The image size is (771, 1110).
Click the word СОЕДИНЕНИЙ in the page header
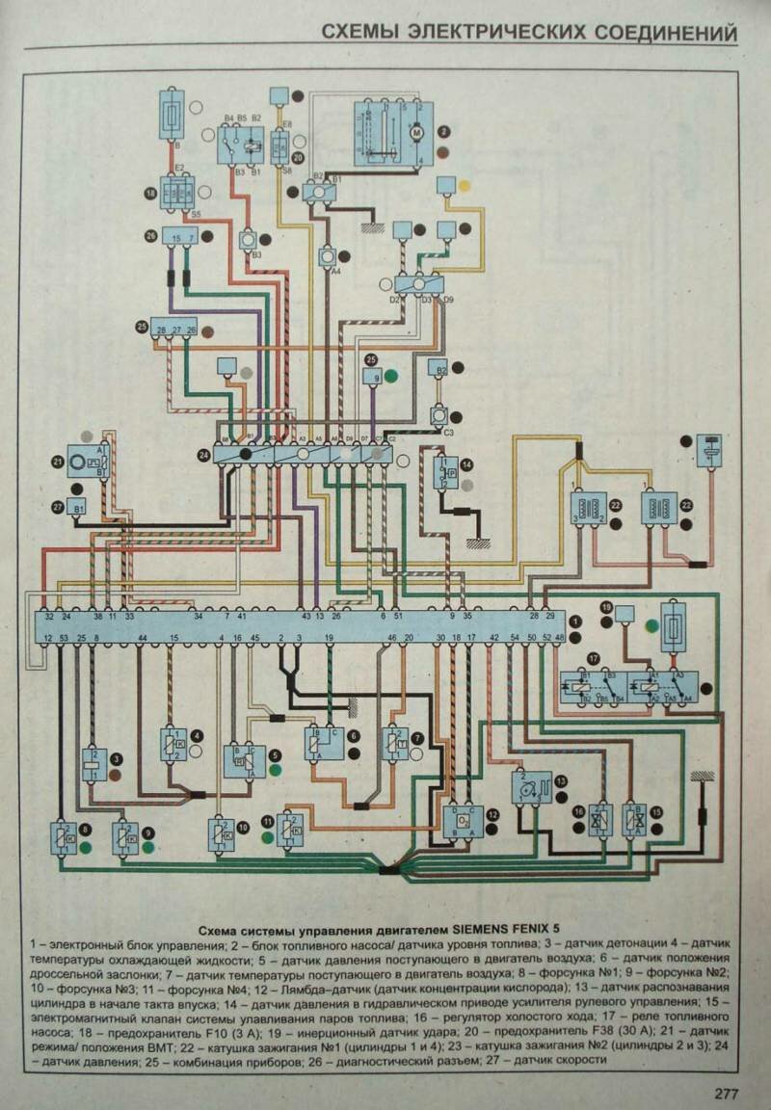(657, 34)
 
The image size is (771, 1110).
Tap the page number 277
(727, 1093)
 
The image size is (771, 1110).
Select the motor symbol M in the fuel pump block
(417, 131)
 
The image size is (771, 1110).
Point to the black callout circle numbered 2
(444, 131)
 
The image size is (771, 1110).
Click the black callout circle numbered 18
(149, 193)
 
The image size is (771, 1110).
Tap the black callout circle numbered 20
(298, 156)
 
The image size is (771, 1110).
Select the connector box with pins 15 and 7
(180, 237)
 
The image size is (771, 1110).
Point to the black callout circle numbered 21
(59, 463)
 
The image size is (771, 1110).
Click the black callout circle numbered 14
(466, 465)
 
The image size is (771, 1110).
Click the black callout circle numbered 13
(559, 781)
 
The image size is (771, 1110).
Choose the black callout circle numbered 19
(607, 607)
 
